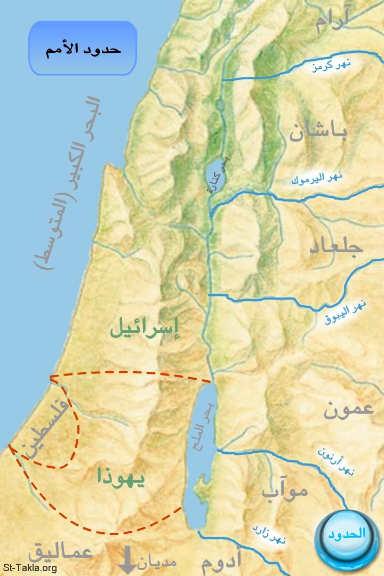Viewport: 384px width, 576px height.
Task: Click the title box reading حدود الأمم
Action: tap(83, 49)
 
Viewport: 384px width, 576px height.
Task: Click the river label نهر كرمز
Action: tap(332, 66)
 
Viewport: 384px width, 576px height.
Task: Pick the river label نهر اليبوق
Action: tap(346, 313)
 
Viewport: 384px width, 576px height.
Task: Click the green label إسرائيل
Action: tap(145, 331)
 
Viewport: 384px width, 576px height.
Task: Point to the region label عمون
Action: tap(348, 409)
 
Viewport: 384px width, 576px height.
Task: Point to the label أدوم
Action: tap(221, 561)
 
